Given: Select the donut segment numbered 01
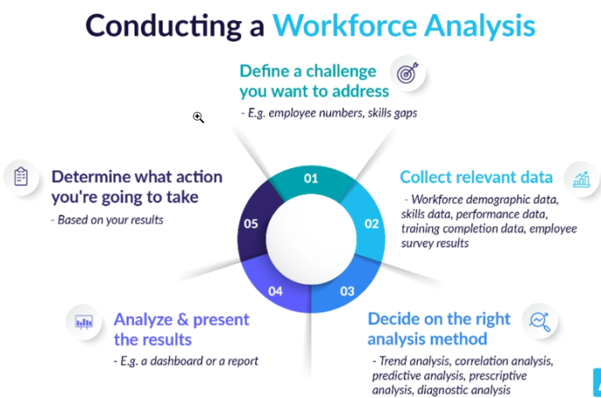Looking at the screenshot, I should [311, 178].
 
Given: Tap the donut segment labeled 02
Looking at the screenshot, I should [371, 224].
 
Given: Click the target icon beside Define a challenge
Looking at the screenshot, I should [406, 74].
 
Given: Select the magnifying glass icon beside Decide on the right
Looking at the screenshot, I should [538, 321].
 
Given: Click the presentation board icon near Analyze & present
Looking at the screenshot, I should [84, 321].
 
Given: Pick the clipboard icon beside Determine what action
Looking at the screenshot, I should [21, 177].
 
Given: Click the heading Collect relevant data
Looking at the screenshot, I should [476, 177].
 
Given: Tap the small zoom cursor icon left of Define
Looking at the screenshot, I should [199, 117].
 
